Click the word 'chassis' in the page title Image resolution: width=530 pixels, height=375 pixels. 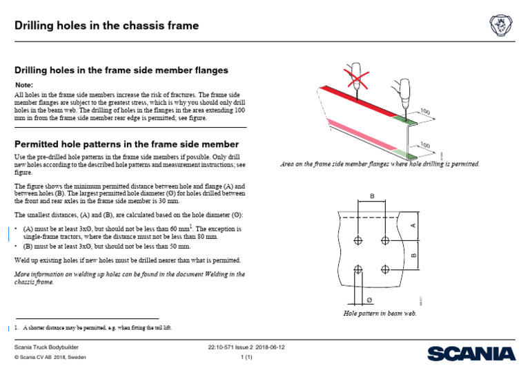point(139,26)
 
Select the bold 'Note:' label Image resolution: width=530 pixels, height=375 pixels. point(24,84)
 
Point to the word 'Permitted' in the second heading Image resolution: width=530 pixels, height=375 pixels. point(41,144)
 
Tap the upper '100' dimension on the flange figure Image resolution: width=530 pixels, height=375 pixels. point(424,111)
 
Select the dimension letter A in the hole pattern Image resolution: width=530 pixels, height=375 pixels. point(414,224)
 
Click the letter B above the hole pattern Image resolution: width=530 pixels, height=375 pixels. point(373,197)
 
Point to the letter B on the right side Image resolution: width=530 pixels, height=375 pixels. point(414,255)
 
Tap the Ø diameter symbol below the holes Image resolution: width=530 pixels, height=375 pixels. point(370,300)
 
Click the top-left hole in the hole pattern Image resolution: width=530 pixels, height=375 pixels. point(357,240)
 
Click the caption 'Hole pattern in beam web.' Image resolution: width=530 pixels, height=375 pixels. point(380,313)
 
